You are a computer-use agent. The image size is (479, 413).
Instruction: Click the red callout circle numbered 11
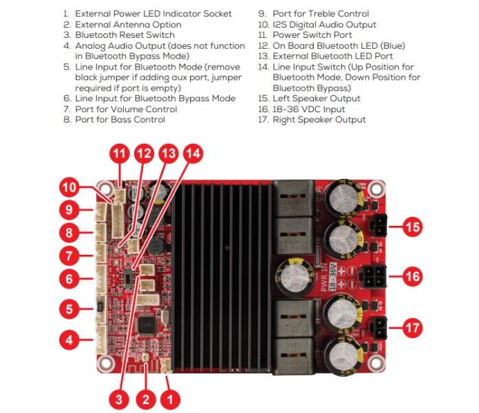(120, 154)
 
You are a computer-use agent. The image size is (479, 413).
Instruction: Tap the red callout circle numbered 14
(193, 154)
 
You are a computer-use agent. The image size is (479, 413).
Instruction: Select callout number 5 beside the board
(69, 309)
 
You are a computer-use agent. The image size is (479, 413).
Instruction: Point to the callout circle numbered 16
(412, 277)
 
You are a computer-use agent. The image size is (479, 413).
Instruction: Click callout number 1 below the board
(171, 398)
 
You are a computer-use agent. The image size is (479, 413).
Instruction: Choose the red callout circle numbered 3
(119, 398)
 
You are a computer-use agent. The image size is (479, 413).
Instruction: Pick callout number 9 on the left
(69, 209)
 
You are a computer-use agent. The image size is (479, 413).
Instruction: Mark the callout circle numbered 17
(412, 328)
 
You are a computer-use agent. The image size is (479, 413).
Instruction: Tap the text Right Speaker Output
(319, 120)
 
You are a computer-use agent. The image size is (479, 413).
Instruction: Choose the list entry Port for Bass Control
(120, 120)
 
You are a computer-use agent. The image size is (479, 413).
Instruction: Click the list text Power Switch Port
(312, 34)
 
